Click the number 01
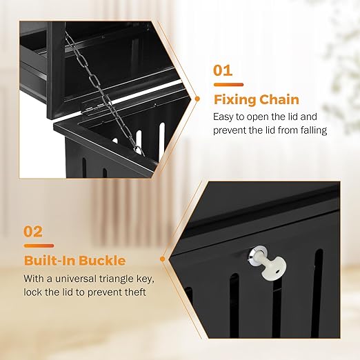(x=223, y=70)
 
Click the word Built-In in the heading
(x=48, y=260)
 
